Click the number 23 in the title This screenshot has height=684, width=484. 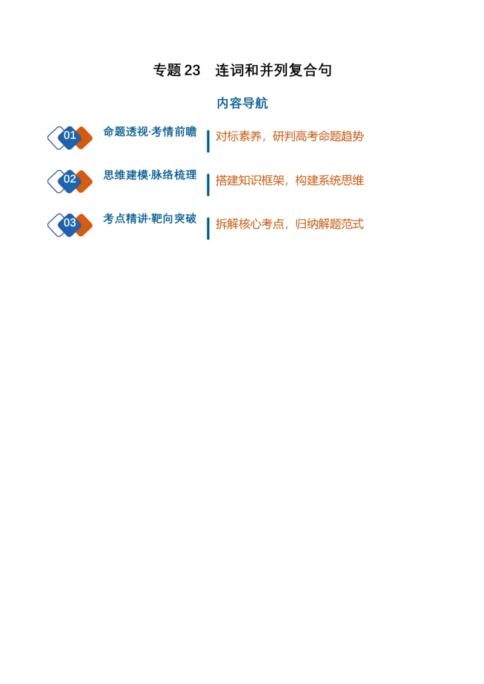[x=192, y=70]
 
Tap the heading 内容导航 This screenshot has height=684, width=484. [x=242, y=103]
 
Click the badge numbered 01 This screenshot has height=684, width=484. [x=70, y=138]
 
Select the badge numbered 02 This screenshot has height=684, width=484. [x=70, y=181]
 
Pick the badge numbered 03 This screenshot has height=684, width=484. [x=70, y=225]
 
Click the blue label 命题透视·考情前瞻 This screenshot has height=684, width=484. [x=150, y=132]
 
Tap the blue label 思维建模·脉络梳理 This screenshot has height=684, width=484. [x=150, y=175]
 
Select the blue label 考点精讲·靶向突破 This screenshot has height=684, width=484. [x=150, y=219]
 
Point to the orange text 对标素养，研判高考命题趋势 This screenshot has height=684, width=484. [x=289, y=137]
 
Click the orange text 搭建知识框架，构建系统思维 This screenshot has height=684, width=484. [x=289, y=180]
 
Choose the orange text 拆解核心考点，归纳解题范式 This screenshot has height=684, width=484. [x=289, y=224]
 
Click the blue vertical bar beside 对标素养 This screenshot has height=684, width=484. [x=208, y=141]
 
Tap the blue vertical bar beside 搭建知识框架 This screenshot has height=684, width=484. [x=208, y=185]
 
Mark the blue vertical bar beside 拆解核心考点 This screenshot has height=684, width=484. [x=208, y=228]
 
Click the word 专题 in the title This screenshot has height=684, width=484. [x=167, y=70]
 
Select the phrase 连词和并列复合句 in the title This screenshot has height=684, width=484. [x=273, y=70]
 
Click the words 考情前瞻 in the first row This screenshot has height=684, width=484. [x=174, y=132]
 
